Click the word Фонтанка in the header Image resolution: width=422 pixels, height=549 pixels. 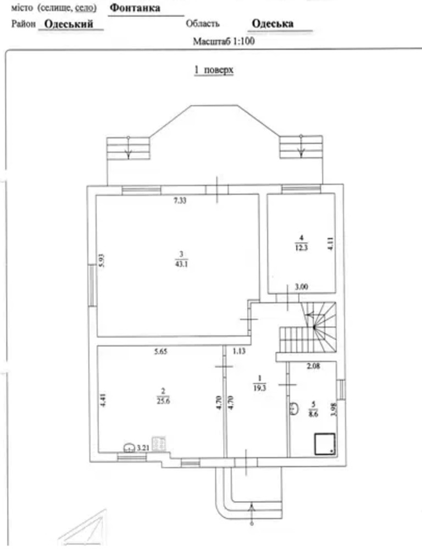point(135,8)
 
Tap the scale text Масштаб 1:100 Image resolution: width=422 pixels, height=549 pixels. point(224,41)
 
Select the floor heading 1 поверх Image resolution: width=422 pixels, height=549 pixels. point(214,70)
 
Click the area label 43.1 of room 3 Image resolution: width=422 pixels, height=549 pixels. point(181,264)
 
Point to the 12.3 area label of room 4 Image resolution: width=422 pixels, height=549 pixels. point(302,248)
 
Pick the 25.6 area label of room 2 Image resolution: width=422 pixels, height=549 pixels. point(163,401)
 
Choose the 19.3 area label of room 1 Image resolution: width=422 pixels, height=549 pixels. point(260,388)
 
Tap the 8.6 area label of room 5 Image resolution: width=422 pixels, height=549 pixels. point(313,413)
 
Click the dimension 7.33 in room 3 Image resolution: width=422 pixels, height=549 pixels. point(180,200)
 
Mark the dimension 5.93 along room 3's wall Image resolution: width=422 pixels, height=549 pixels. point(102,260)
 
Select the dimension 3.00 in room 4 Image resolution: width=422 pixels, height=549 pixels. point(301,287)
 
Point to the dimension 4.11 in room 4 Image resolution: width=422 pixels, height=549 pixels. point(331,244)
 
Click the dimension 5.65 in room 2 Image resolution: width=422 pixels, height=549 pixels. point(160,352)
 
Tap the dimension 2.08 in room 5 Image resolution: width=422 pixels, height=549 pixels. point(313,366)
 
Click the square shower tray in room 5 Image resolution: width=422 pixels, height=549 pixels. point(325,444)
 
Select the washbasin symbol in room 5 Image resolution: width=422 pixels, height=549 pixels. point(294,408)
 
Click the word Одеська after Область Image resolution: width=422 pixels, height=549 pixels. point(273,24)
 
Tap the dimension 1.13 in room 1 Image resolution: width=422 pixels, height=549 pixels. point(239,351)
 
